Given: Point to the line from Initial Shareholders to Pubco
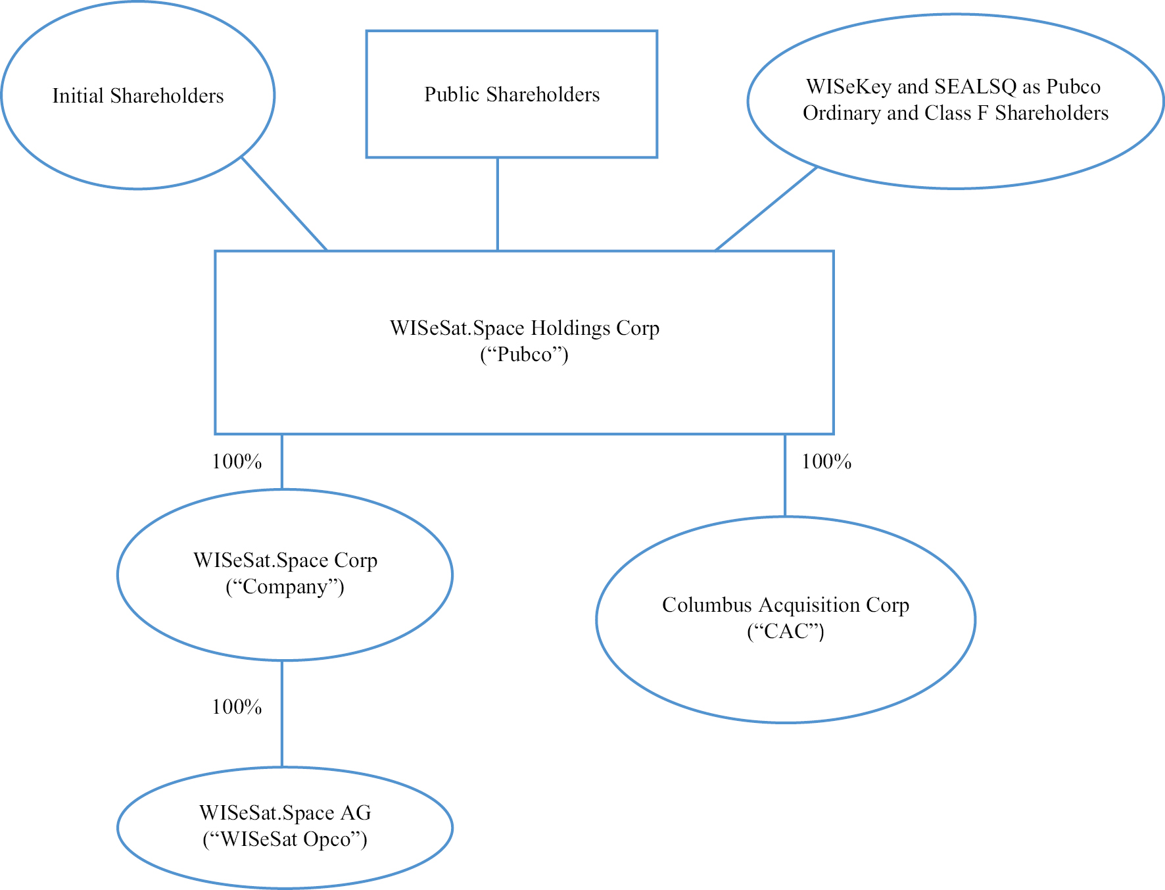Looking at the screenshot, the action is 284,203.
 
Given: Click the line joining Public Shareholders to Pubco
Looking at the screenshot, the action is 498,204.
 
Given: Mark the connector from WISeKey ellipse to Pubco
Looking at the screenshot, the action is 766,209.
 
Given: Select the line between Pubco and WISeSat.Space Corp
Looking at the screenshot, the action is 282,462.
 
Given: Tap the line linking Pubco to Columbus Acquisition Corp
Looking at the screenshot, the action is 785,476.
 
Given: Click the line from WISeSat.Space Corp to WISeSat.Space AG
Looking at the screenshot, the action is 282,714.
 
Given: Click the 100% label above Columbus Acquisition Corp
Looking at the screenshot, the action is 826,462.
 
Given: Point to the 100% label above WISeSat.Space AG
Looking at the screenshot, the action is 237,706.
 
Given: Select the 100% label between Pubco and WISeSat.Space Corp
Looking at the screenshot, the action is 237,462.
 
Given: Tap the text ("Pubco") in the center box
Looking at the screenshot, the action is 524,355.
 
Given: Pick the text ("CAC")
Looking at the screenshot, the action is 786,631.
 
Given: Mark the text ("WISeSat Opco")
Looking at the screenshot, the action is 285,839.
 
